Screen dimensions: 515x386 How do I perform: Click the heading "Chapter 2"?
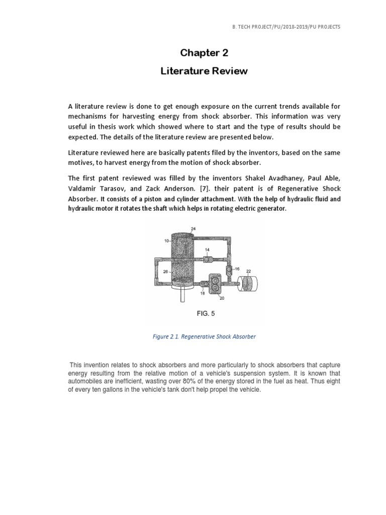(204, 53)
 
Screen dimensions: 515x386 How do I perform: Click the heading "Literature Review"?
(204, 71)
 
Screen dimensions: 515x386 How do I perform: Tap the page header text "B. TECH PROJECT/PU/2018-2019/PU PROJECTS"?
(283, 26)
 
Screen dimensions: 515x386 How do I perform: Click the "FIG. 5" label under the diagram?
(205, 313)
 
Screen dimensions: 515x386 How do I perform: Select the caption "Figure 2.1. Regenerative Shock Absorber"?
(204, 336)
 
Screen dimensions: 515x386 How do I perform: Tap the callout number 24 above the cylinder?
(194, 229)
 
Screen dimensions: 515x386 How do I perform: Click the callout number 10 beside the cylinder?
(166, 241)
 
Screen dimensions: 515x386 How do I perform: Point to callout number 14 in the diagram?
(208, 250)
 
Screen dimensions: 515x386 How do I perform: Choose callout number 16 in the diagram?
(237, 269)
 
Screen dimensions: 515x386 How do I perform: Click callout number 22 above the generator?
(248, 271)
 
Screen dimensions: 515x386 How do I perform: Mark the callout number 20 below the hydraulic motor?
(222, 298)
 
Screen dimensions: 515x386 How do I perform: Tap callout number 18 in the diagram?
(203, 293)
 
